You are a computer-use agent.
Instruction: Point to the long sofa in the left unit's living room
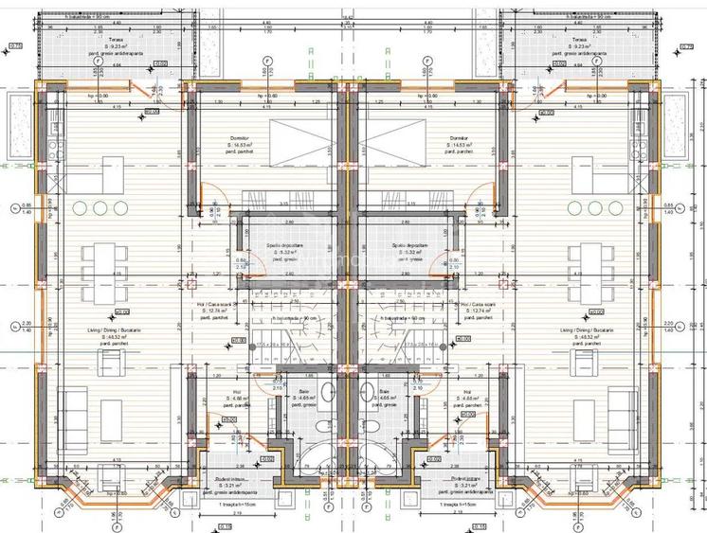tap(69, 409)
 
